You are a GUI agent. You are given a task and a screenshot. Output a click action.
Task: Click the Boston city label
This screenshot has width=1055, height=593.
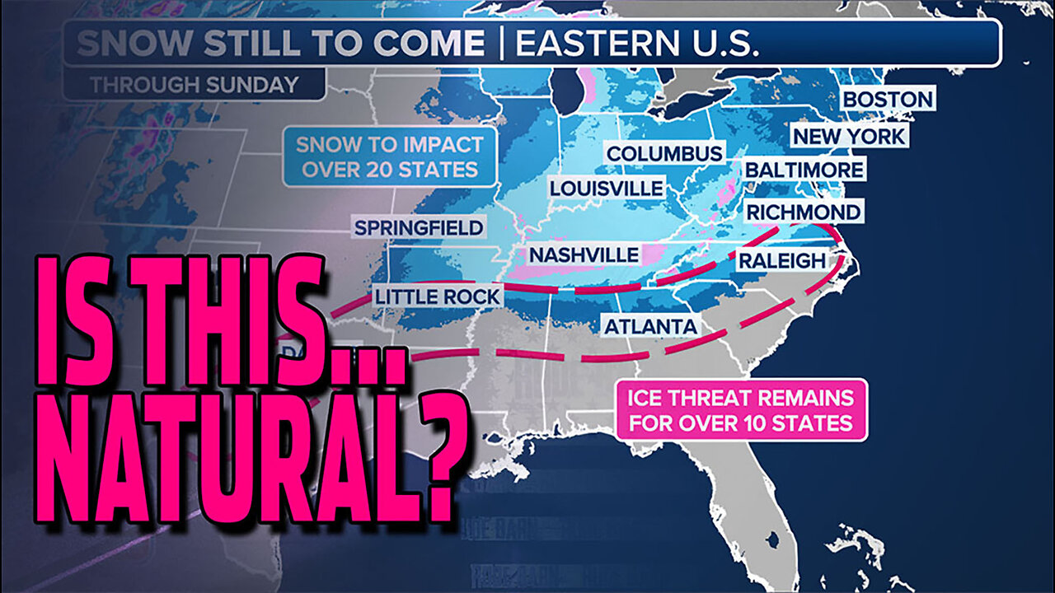887,100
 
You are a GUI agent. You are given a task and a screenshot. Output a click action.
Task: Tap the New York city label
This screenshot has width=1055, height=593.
849,136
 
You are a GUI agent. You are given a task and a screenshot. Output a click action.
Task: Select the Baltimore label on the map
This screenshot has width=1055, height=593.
804,170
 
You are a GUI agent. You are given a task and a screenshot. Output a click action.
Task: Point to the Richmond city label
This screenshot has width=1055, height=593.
803,212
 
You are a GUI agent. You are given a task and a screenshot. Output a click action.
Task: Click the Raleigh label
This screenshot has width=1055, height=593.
781,261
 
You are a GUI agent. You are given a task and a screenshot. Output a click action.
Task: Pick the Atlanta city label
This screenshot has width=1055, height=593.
650,326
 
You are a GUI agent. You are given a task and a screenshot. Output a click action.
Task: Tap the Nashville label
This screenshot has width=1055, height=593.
584,255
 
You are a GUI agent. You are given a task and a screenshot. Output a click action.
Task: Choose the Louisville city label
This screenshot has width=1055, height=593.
606,189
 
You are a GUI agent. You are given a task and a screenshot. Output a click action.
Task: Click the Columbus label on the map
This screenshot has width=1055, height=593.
664,153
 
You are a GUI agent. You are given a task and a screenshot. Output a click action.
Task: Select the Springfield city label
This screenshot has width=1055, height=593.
419,227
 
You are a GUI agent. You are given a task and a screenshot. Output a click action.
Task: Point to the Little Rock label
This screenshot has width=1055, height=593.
436,296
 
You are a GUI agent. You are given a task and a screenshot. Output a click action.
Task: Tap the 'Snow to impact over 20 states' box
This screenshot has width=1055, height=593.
390,156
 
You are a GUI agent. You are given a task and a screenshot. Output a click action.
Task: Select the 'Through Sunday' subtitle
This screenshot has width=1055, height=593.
195,84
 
